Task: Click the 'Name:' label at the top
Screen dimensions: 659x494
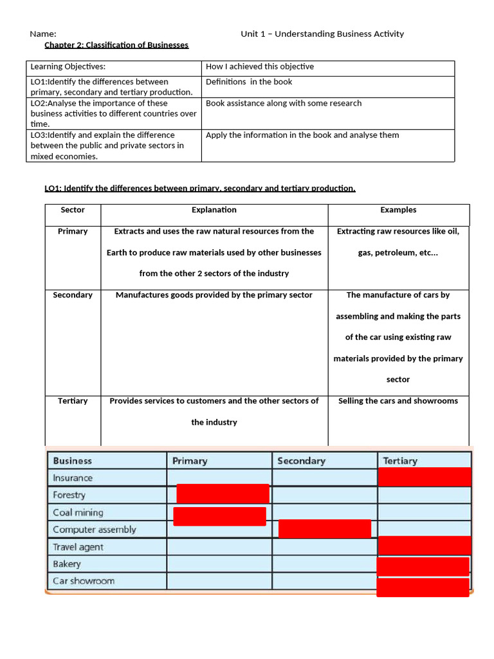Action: pyautogui.click(x=43, y=33)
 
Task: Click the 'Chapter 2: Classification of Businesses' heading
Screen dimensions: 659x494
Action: pyautogui.click(x=116, y=44)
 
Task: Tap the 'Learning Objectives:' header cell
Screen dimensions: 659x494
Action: pyautogui.click(x=68, y=66)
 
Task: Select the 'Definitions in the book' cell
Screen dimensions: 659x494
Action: pyautogui.click(x=249, y=82)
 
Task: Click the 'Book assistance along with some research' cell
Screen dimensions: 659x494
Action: pyautogui.click(x=284, y=103)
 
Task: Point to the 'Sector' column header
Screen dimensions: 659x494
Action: pyautogui.click(x=73, y=210)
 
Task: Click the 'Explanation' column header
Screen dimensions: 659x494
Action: pyautogui.click(x=214, y=210)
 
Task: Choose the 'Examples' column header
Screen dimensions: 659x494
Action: pyautogui.click(x=398, y=210)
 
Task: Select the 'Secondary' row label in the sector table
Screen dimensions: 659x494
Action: pyautogui.click(x=73, y=295)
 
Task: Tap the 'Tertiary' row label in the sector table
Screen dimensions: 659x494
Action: pyautogui.click(x=73, y=401)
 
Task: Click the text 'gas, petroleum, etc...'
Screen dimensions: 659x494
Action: pyautogui.click(x=398, y=252)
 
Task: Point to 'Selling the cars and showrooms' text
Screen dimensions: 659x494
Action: pyautogui.click(x=398, y=401)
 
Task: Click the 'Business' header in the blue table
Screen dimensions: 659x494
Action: pyautogui.click(x=73, y=461)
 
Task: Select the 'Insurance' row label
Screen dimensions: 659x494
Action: pyautogui.click(x=73, y=478)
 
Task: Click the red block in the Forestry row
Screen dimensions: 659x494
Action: pyautogui.click(x=223, y=494)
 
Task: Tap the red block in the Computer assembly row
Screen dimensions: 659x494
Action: pyautogui.click(x=325, y=528)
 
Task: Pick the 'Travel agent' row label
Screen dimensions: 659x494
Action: pyautogui.click(x=78, y=547)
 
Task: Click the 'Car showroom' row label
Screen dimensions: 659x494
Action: pyautogui.click(x=84, y=581)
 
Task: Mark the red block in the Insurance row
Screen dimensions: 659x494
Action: pyautogui.click(x=425, y=477)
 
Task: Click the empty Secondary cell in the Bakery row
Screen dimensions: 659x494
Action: pyautogui.click(x=324, y=564)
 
